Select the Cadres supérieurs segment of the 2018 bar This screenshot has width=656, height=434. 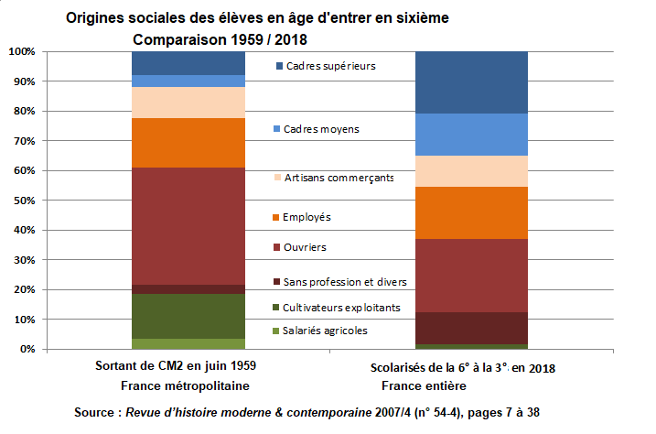click(x=472, y=82)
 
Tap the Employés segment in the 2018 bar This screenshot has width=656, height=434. click(x=472, y=212)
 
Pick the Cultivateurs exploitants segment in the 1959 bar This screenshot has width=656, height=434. click(x=188, y=316)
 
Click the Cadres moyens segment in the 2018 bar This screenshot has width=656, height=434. click(x=472, y=135)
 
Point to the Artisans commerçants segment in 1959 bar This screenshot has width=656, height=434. click(x=188, y=103)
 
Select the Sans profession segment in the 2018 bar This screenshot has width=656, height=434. click(x=472, y=328)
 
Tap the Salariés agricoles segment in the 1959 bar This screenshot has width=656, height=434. click(x=188, y=344)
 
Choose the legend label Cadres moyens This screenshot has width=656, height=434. click(x=321, y=129)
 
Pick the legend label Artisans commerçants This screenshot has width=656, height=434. click(x=339, y=178)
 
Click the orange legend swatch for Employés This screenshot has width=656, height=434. click(x=277, y=218)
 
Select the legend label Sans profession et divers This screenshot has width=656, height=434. click(x=345, y=282)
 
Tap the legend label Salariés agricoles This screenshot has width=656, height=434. click(x=326, y=331)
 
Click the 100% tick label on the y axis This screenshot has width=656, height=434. click(x=20, y=52)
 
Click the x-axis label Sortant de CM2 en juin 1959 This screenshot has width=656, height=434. click(x=176, y=365)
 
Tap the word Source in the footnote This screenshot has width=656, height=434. click(x=95, y=413)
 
